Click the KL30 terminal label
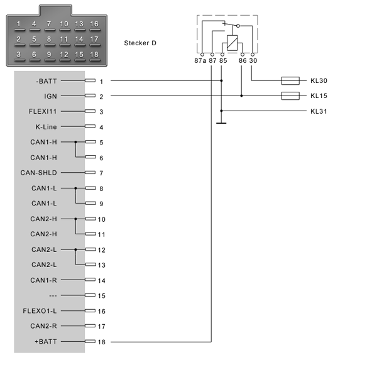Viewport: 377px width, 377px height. click(319, 81)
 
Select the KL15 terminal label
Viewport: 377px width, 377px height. click(319, 96)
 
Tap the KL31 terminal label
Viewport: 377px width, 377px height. click(319, 111)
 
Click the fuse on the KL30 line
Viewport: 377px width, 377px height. click(290, 81)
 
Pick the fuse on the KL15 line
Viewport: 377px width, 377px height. click(290, 96)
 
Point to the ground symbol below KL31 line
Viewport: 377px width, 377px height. click(221, 123)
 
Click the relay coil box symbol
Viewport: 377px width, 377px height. click(232, 43)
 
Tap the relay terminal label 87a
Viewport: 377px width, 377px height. click(200, 60)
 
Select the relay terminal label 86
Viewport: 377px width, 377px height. click(243, 60)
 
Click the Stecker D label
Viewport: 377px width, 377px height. click(140, 43)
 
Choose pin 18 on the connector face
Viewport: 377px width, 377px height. click(94, 55)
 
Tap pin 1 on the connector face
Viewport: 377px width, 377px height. click(19, 24)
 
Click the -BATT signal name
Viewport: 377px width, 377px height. click(46, 81)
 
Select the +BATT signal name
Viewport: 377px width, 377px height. click(46, 342)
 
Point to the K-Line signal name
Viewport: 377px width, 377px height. click(46, 127)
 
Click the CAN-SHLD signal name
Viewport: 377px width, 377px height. click(39, 173)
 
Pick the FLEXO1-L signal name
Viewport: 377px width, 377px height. click(40, 311)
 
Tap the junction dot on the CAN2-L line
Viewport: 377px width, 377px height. click(75, 249)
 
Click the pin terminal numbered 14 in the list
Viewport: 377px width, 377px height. click(90, 280)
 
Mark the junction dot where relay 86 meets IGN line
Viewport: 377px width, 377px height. click(241, 96)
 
